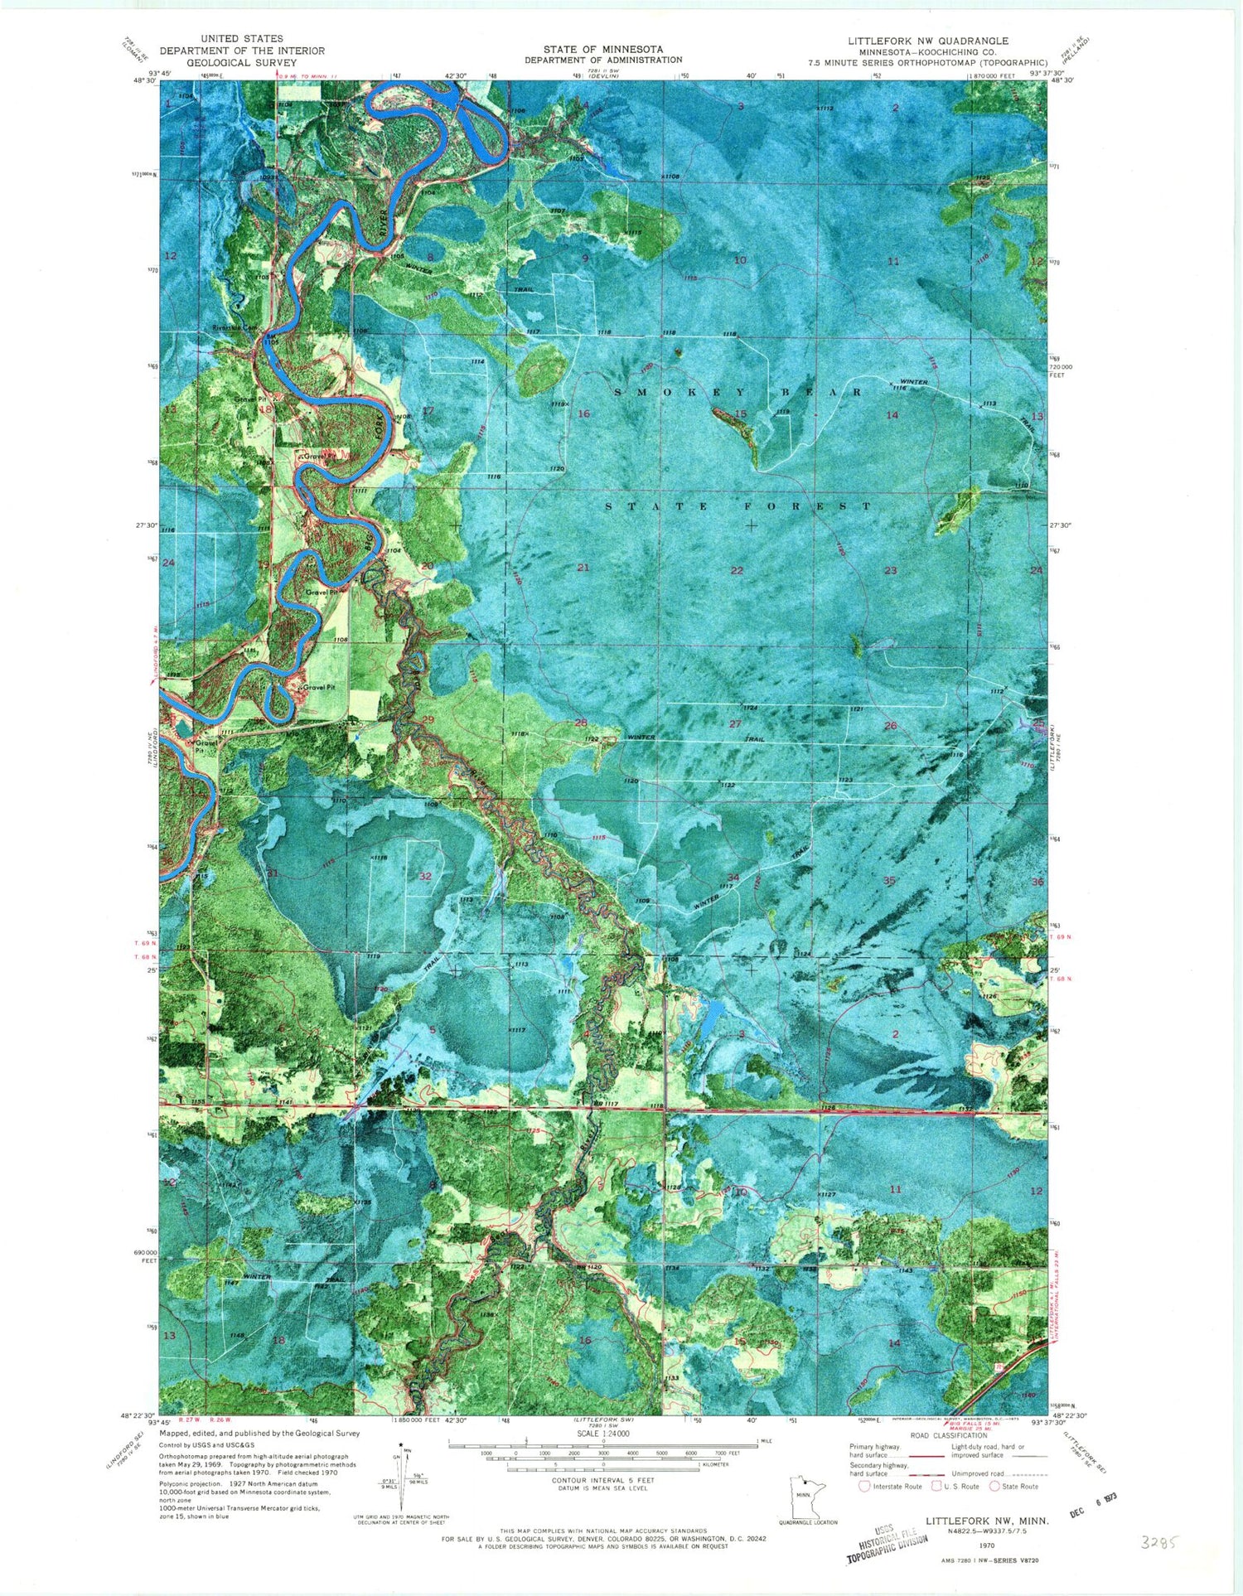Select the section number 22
(x=737, y=571)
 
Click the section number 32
(x=425, y=876)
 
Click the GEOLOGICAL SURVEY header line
(x=241, y=62)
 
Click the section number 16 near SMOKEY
(x=583, y=414)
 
